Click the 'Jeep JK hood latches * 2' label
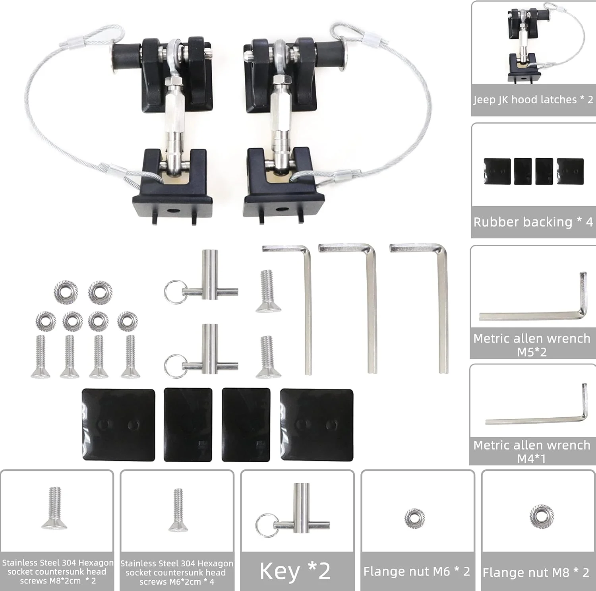click(x=533, y=99)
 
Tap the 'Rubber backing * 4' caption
click(x=533, y=222)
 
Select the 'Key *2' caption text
click(x=295, y=571)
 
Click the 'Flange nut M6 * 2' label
click(x=417, y=572)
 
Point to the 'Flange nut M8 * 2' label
click(x=536, y=572)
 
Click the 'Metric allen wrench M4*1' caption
click(x=532, y=451)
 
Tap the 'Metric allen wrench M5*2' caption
click(x=532, y=345)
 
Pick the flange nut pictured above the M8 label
click(x=542, y=516)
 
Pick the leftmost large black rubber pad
click(x=118, y=425)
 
